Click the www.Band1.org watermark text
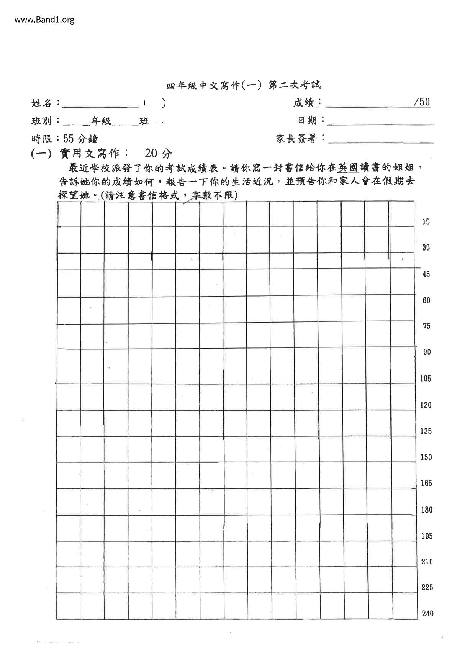click(44, 20)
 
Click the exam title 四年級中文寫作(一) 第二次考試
click(243, 85)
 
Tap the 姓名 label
click(42, 103)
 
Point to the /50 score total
click(422, 102)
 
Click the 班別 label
click(42, 121)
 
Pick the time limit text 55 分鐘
click(81, 139)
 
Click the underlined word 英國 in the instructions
click(348, 167)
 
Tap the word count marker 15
click(426, 221)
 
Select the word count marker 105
click(426, 379)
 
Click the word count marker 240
click(427, 614)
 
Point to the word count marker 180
click(427, 510)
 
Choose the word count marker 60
click(426, 300)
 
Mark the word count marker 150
click(426, 457)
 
